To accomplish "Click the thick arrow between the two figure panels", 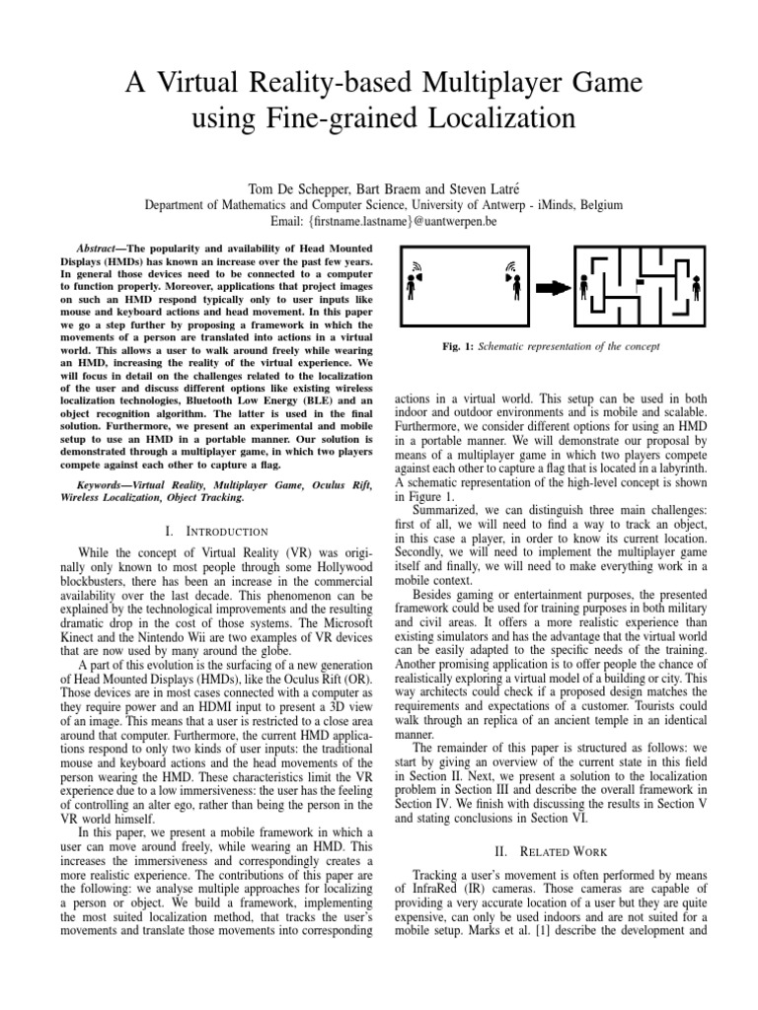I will (x=555, y=287).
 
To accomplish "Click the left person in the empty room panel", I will (x=410, y=287).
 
